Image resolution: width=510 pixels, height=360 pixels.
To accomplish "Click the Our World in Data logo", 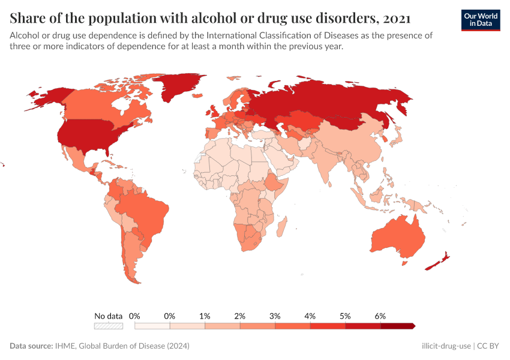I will tap(480, 20).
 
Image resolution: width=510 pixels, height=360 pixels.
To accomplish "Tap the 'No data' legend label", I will tap(109, 316).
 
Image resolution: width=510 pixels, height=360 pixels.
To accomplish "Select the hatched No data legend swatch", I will tap(109, 326).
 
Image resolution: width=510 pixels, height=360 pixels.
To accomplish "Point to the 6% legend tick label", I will tap(380, 316).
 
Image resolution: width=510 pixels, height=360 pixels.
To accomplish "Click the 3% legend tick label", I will tap(275, 316).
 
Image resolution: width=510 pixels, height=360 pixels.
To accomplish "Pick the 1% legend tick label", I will tap(205, 316).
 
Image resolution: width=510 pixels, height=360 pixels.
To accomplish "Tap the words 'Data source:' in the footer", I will tap(32, 346).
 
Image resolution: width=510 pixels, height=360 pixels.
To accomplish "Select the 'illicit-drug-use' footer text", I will tap(447, 346).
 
